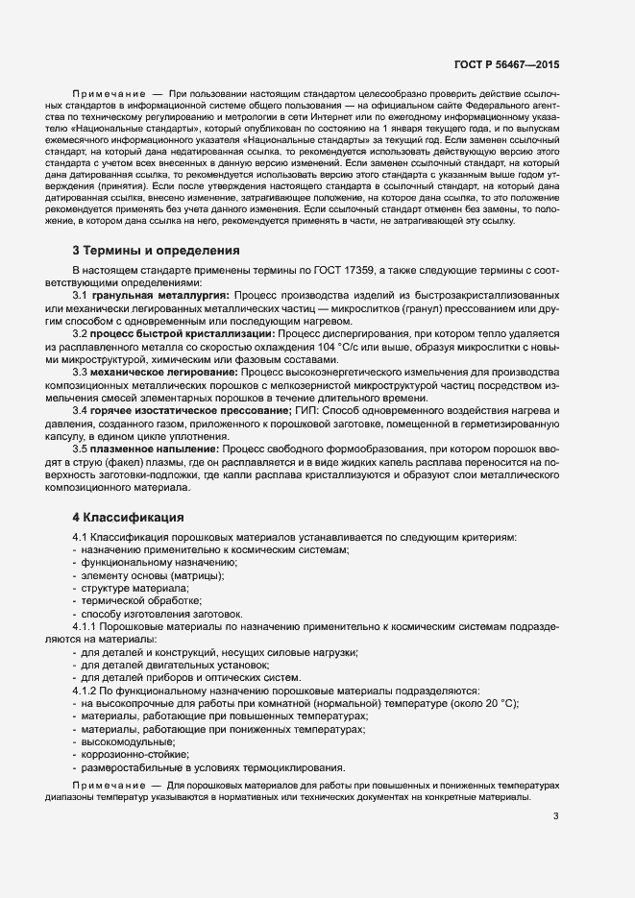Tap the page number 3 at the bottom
point(556,817)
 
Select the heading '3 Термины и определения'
point(157,252)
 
